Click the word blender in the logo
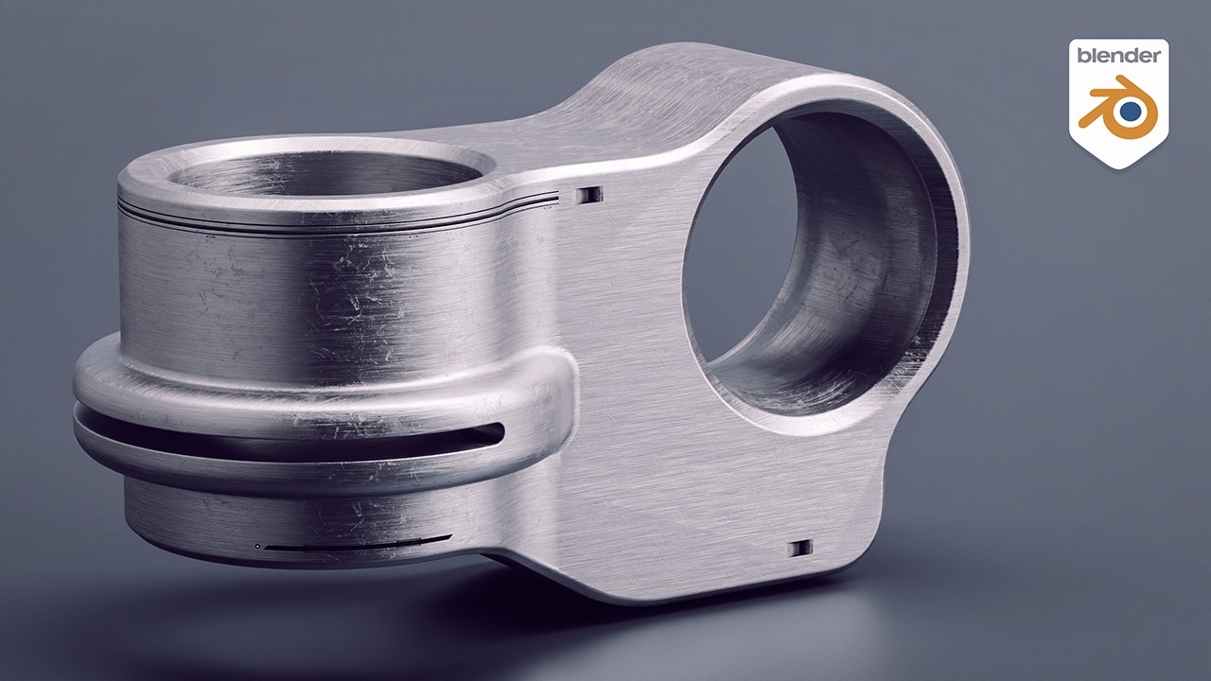pyautogui.click(x=1118, y=56)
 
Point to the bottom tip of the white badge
pyautogui.click(x=1118, y=166)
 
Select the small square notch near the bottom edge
pyautogui.click(x=800, y=547)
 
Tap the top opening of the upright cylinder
pyautogui.click(x=322, y=174)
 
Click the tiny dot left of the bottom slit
pyautogui.click(x=257, y=546)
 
